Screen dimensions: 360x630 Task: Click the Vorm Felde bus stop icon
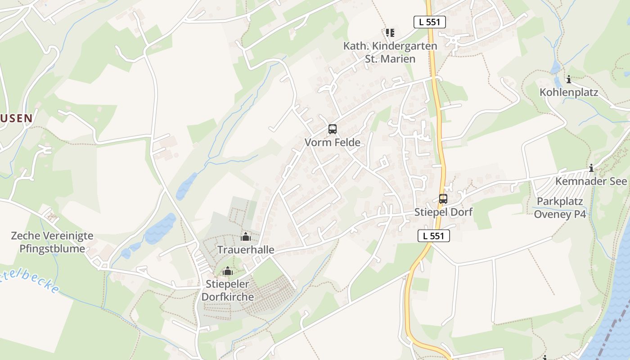coord(333,130)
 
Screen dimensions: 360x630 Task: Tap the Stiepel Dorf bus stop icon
coord(443,199)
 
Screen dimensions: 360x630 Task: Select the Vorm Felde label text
coord(333,143)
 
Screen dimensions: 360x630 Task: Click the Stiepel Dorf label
coord(443,212)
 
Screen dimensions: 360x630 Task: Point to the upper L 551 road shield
coord(430,22)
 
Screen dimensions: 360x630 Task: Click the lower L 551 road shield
coord(434,235)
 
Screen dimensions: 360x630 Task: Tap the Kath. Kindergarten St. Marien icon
coord(390,33)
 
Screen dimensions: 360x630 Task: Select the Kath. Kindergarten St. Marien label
coord(390,52)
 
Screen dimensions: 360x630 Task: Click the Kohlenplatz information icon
coord(569,80)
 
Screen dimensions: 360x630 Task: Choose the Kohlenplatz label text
coord(569,93)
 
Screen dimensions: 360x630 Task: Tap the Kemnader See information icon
coord(591,168)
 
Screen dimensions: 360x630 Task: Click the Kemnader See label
coord(591,181)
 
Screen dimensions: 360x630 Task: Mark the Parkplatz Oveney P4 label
coord(560,207)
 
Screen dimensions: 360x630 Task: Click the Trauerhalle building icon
coord(246,237)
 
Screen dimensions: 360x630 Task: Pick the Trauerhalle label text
coord(246,250)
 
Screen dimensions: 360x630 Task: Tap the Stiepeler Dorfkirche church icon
coord(228,271)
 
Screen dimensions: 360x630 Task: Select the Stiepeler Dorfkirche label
coord(228,290)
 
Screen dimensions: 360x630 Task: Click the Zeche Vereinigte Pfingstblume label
coord(52,242)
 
